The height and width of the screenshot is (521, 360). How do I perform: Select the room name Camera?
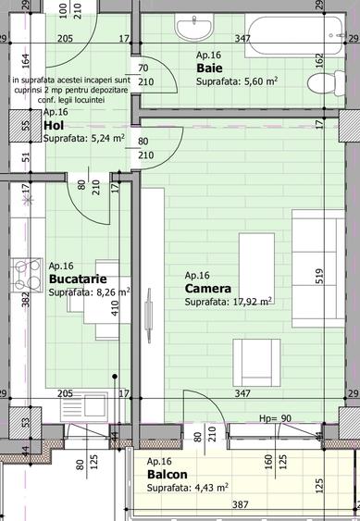208,289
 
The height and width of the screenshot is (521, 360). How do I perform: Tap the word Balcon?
167,475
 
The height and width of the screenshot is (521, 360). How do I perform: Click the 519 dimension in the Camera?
317,276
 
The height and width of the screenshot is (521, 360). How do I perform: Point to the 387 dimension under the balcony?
239,505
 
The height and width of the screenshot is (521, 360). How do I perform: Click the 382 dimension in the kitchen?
26,293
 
